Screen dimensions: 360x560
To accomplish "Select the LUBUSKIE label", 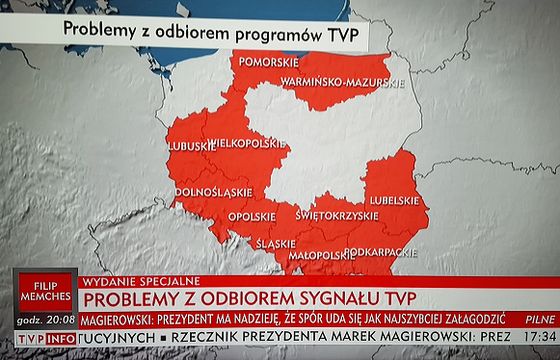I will pyautogui.click(x=192, y=146).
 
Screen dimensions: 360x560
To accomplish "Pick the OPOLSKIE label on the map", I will pyautogui.click(x=252, y=216).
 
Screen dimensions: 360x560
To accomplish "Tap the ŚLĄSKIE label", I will pyautogui.click(x=275, y=243).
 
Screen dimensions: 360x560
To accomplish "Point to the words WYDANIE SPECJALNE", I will pyautogui.click(x=144, y=279).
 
